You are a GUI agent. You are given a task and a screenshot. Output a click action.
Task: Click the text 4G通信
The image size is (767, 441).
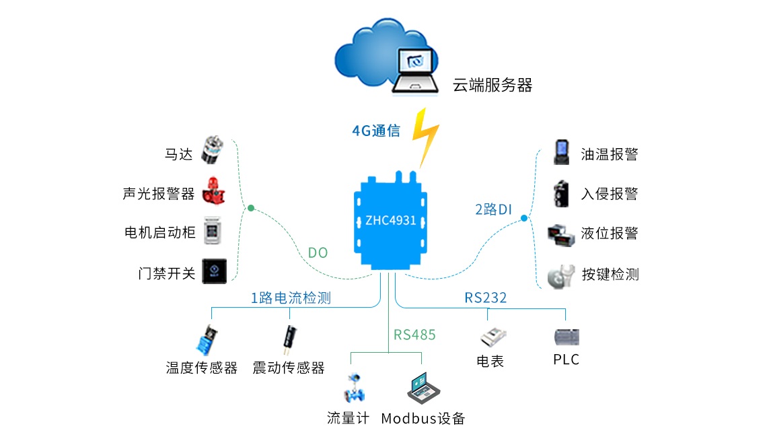(x=376, y=131)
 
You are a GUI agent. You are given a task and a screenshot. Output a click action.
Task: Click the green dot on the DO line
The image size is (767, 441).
(x=250, y=208)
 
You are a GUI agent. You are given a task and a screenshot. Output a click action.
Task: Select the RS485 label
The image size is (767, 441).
(x=414, y=335)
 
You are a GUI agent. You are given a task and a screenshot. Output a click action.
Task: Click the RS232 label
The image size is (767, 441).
(x=485, y=297)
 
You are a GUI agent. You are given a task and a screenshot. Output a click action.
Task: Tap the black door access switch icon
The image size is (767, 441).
(x=215, y=271)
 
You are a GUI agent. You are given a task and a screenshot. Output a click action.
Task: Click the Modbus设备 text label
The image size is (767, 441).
(x=423, y=418)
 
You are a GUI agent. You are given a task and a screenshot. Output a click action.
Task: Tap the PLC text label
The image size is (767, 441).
(x=566, y=360)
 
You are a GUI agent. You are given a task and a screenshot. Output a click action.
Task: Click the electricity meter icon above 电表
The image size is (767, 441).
(x=492, y=337)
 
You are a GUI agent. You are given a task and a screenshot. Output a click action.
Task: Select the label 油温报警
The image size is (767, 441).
(x=609, y=154)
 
